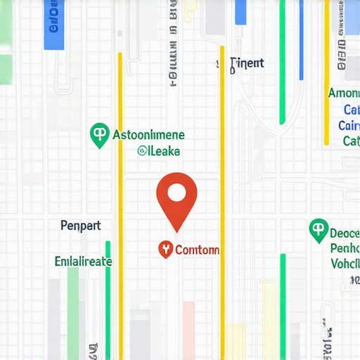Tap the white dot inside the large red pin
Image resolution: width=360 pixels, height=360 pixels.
click(x=176, y=192)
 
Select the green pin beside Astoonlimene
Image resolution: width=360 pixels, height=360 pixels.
click(x=100, y=134)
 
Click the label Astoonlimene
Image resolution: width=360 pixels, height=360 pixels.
click(x=148, y=134)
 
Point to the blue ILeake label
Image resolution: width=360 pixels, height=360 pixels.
click(x=159, y=150)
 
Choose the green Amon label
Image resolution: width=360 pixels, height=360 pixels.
click(x=344, y=93)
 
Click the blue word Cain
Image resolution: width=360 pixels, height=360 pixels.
click(x=349, y=126)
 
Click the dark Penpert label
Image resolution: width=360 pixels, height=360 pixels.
click(x=81, y=226)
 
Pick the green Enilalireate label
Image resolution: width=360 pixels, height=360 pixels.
click(x=83, y=261)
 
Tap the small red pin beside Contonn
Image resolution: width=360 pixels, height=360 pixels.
click(x=166, y=248)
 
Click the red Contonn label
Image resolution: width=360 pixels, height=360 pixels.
click(x=197, y=250)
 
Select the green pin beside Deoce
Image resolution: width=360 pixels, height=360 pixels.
click(x=319, y=230)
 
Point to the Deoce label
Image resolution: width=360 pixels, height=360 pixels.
click(x=345, y=233)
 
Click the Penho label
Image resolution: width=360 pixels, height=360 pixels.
click(x=345, y=249)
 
